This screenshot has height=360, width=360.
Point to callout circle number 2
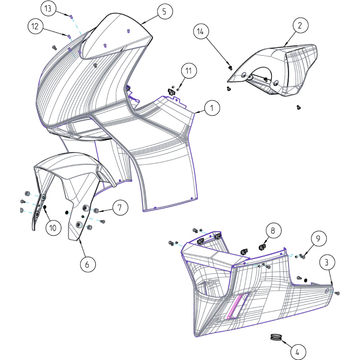click(x=299, y=26)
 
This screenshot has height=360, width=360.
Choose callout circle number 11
click(x=189, y=71)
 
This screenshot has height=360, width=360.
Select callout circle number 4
click(x=297, y=351)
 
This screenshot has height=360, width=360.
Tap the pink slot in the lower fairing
click(x=237, y=306)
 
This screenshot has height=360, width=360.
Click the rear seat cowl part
click(x=288, y=67)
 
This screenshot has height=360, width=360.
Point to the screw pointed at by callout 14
click(x=230, y=67)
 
